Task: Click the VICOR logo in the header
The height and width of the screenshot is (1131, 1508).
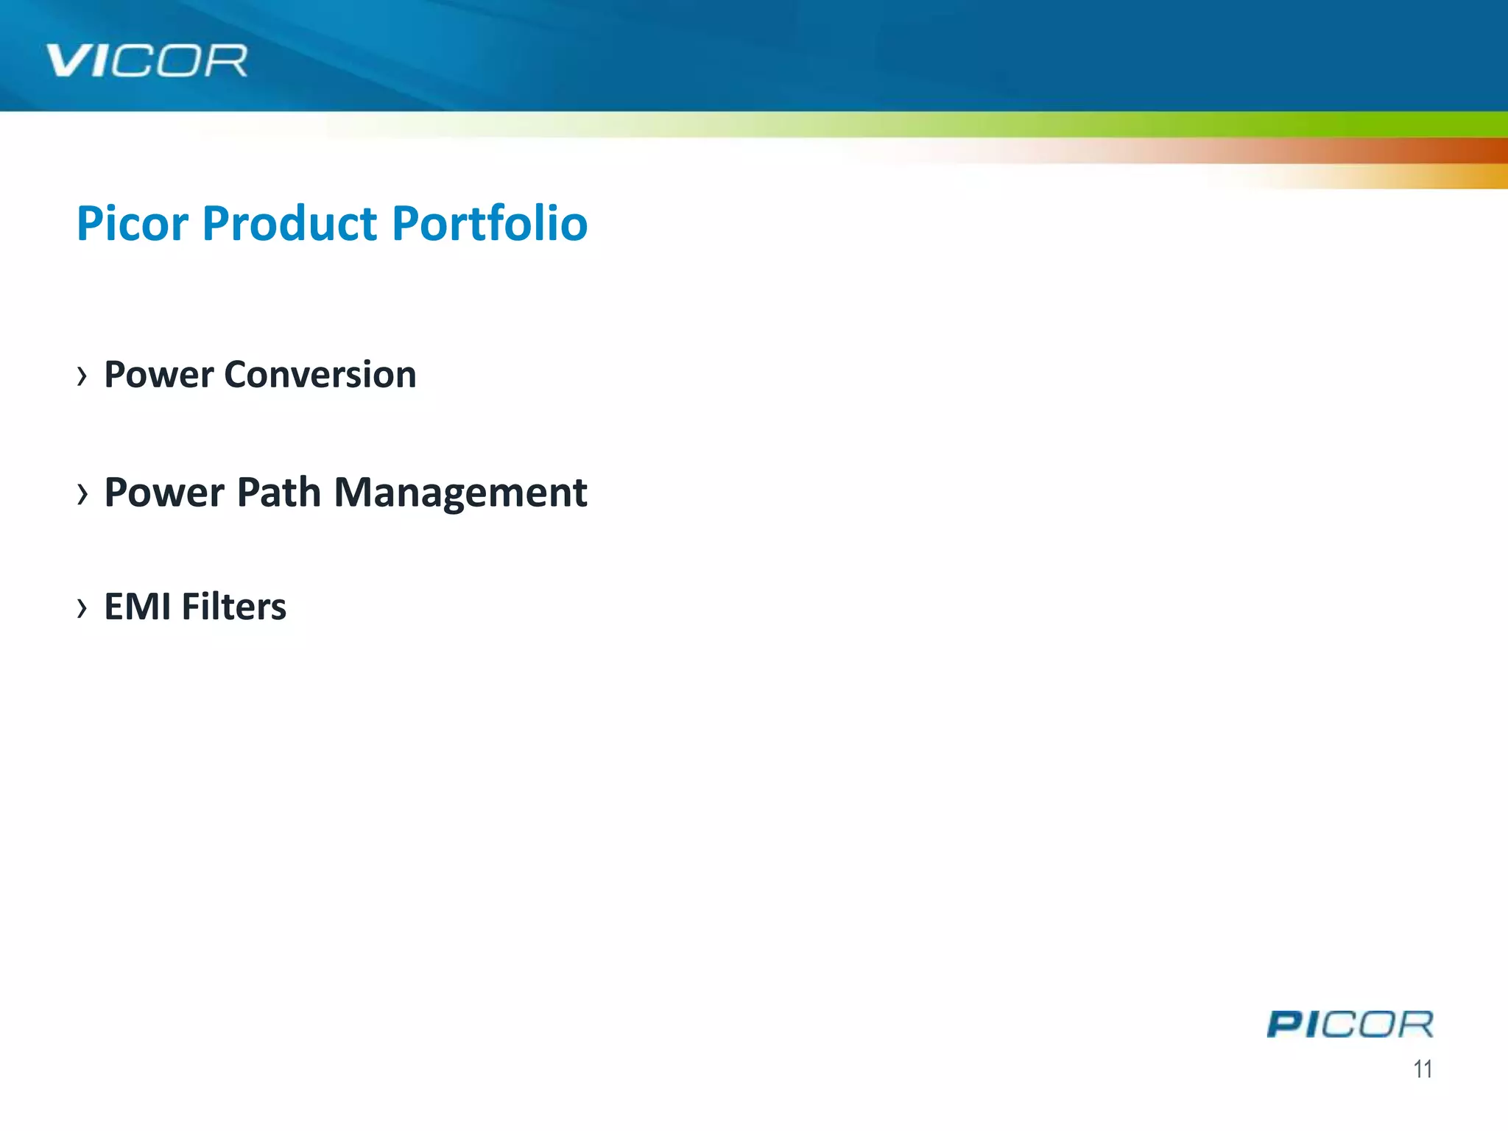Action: coord(147,61)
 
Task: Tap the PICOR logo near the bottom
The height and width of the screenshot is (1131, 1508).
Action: coord(1350,1024)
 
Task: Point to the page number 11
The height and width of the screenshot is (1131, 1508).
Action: coord(1423,1069)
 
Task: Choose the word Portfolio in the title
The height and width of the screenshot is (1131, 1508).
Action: coord(490,223)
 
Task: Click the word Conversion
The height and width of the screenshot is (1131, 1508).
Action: coord(320,375)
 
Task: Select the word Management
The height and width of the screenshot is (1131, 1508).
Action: coord(460,492)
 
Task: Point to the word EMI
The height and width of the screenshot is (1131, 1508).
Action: coord(138,607)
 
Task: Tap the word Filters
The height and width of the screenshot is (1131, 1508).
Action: coord(234,607)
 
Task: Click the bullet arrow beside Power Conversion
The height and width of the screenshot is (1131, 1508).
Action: coord(82,376)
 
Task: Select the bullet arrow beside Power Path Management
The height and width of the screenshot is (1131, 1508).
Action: coord(82,493)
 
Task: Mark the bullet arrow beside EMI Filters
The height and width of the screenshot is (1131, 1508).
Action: coord(82,607)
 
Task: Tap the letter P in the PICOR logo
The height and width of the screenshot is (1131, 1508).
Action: coord(1286,1024)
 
